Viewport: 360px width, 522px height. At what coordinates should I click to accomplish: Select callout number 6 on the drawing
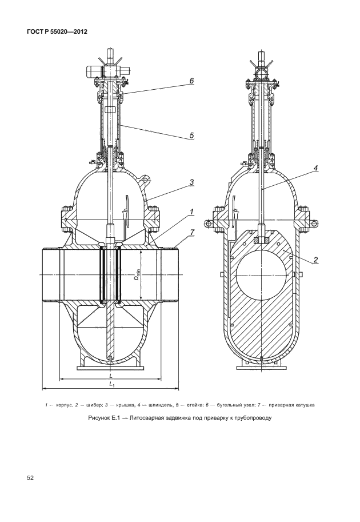coord(193,81)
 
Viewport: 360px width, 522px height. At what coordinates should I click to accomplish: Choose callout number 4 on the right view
coord(315,168)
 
